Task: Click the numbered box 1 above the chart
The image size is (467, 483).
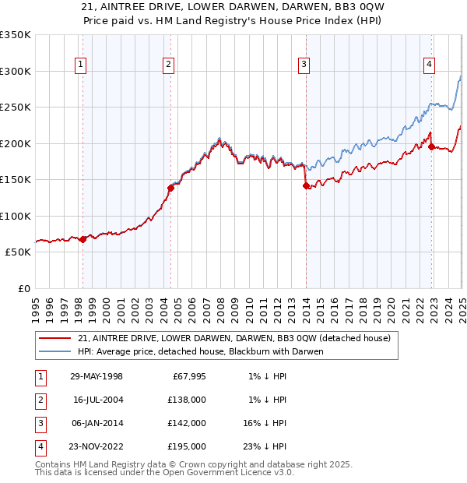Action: tap(82, 65)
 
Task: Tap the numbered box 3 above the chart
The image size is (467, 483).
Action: tap(304, 65)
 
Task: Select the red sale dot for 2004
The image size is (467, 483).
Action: tap(170, 188)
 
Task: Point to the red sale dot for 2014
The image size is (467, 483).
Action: tap(306, 185)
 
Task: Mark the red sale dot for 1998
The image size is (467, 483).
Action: tap(83, 239)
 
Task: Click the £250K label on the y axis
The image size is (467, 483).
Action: tap(16, 107)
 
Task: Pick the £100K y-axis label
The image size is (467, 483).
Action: tap(16, 216)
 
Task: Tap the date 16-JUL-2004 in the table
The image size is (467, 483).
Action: tap(97, 399)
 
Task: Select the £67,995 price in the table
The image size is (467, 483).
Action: tap(187, 376)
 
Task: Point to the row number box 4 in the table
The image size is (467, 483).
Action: tap(39, 446)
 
